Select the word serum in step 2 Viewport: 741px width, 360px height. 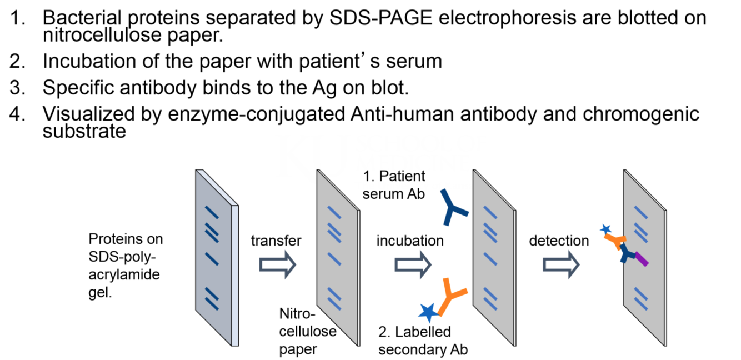(412, 61)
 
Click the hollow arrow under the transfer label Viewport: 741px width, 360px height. (278, 264)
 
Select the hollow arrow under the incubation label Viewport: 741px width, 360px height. (412, 264)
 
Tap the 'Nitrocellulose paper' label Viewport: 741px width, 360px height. (307, 331)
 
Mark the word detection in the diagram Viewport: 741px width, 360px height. (558, 241)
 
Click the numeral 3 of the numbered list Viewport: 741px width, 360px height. (17, 88)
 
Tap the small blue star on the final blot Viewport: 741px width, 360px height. (605, 229)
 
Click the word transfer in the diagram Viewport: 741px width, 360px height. (276, 241)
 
